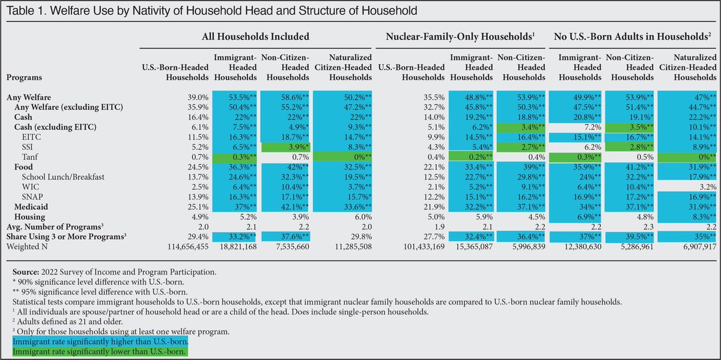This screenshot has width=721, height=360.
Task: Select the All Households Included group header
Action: pyautogui.click(x=256, y=37)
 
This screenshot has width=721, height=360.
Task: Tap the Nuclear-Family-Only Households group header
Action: pyautogui.click(x=460, y=37)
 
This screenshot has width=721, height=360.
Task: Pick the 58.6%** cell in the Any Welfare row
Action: pyautogui.click(x=285, y=97)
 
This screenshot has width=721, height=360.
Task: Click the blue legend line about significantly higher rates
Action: pyautogui.click(x=100, y=341)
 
